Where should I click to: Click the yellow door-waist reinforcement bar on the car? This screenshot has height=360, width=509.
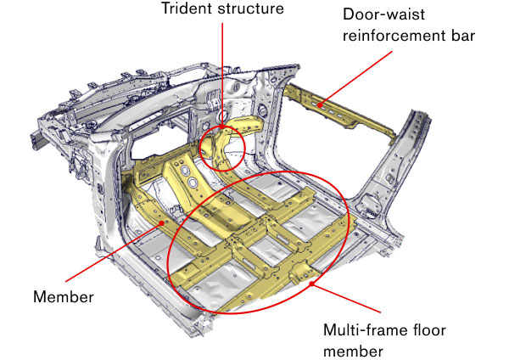(x=339, y=110)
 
